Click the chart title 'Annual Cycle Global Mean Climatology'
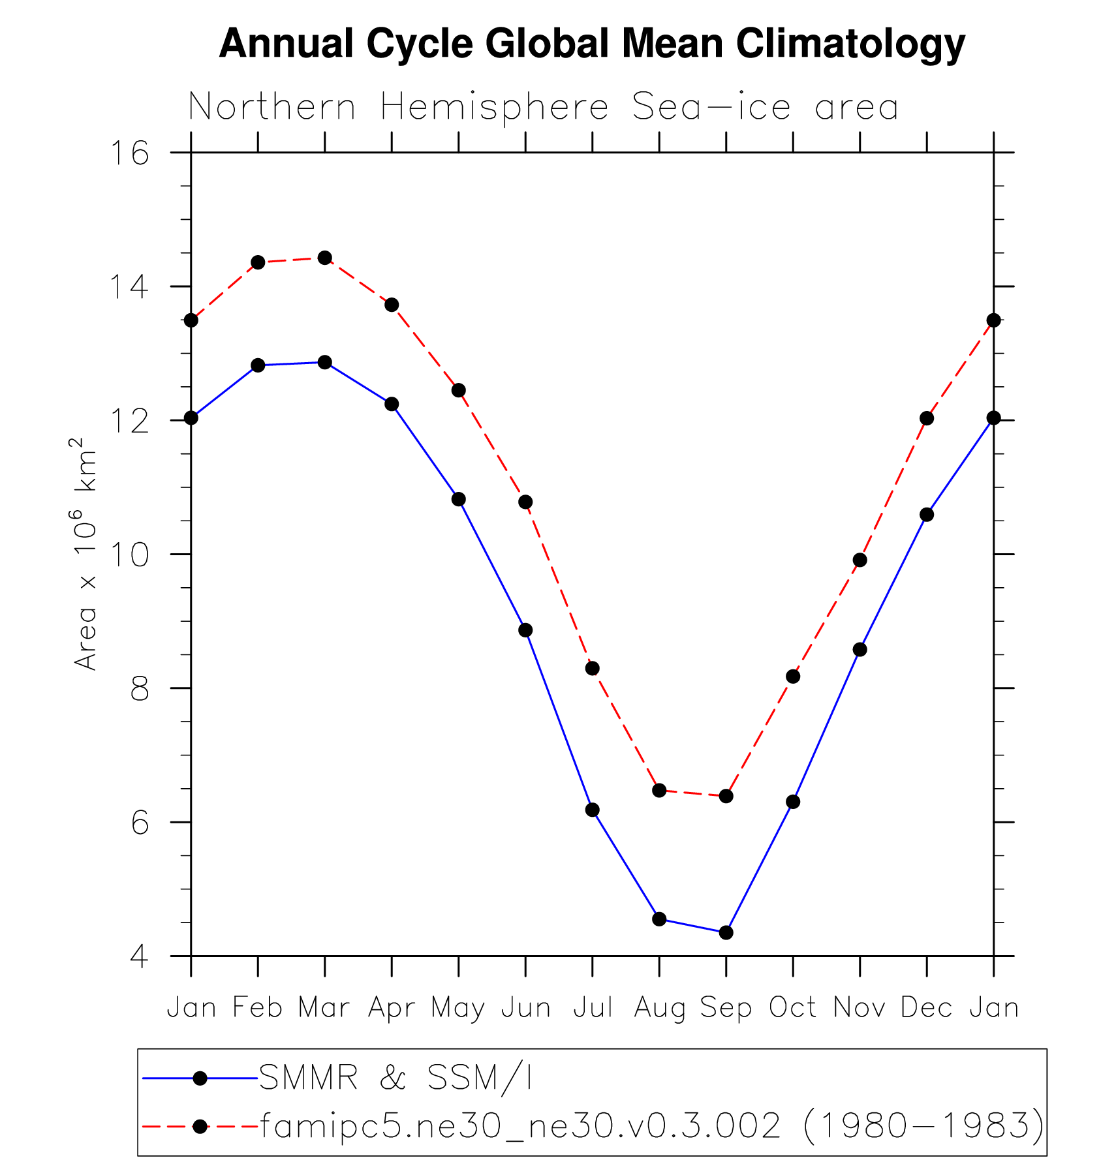click(x=591, y=44)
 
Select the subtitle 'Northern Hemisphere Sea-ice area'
click(x=543, y=107)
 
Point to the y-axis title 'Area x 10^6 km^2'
click(x=86, y=554)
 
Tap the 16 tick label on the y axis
click(x=129, y=153)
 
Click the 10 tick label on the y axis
click(x=129, y=555)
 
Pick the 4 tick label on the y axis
click(x=139, y=956)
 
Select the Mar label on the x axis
click(x=324, y=1008)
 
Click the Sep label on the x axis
click(x=726, y=1008)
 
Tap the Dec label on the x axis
click(x=926, y=1008)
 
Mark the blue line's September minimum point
click(x=726, y=933)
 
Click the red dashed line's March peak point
click(x=325, y=258)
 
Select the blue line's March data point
click(x=325, y=362)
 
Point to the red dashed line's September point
click(x=726, y=796)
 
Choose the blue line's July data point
click(x=592, y=810)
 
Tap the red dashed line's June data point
click(x=525, y=502)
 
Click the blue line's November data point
click(x=860, y=650)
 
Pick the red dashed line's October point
click(x=793, y=677)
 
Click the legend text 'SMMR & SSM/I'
click(x=395, y=1078)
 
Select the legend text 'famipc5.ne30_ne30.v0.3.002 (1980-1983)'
click(x=652, y=1126)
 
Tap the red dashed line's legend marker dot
click(x=200, y=1127)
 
